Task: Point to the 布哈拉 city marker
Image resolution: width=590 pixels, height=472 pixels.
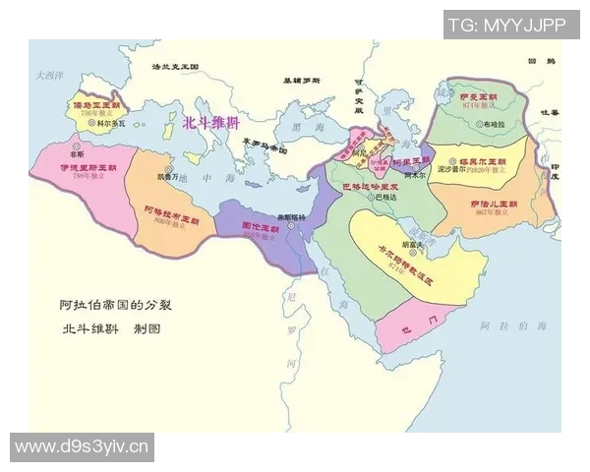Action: [475, 125]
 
